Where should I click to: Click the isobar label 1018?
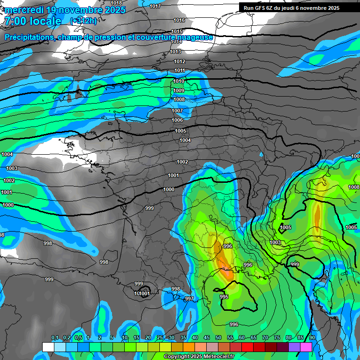tap(116, 3)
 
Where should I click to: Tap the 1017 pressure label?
tap(155, 6)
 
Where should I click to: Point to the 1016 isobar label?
tap(179, 20)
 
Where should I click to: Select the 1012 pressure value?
tap(180, 61)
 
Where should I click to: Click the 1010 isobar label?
tap(179, 81)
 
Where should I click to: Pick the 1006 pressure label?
tap(177, 120)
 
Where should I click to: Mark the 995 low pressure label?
tap(224, 297)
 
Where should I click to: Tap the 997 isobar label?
tap(189, 299)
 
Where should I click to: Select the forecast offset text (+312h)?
tap(83, 21)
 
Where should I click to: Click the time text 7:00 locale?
tap(33, 21)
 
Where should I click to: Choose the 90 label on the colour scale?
tap(312, 338)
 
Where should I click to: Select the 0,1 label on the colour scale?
tap(54, 338)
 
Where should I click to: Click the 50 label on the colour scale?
tap(218, 338)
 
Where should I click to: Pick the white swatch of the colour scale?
tap(48, 347)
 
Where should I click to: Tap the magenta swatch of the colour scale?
tap(306, 347)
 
